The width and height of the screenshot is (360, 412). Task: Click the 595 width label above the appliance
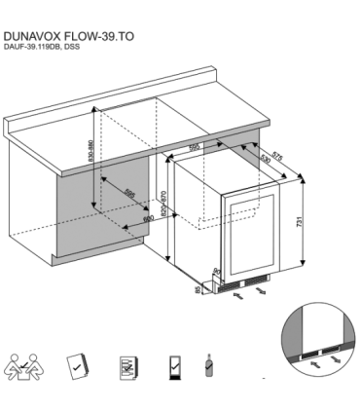(195, 147)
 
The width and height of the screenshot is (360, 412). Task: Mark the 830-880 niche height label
(90, 154)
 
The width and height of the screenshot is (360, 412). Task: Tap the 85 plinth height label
(198, 289)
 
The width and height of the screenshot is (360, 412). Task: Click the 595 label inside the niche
(129, 196)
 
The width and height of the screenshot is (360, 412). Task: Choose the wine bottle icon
(207, 368)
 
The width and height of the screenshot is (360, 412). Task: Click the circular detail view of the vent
(318, 341)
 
